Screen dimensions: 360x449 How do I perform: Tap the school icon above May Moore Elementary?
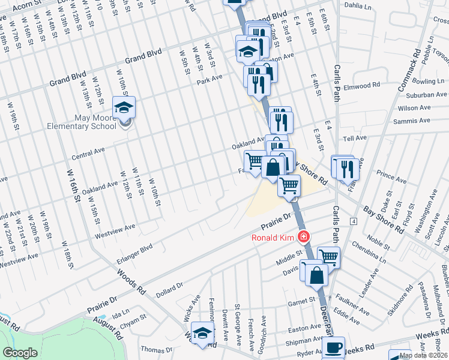click(124, 108)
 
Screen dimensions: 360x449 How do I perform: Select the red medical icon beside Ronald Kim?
click(304, 237)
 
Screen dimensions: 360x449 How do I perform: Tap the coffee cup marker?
click(333, 347)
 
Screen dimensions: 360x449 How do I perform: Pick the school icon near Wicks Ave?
click(203, 334)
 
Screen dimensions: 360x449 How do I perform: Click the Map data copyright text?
click(423, 355)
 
